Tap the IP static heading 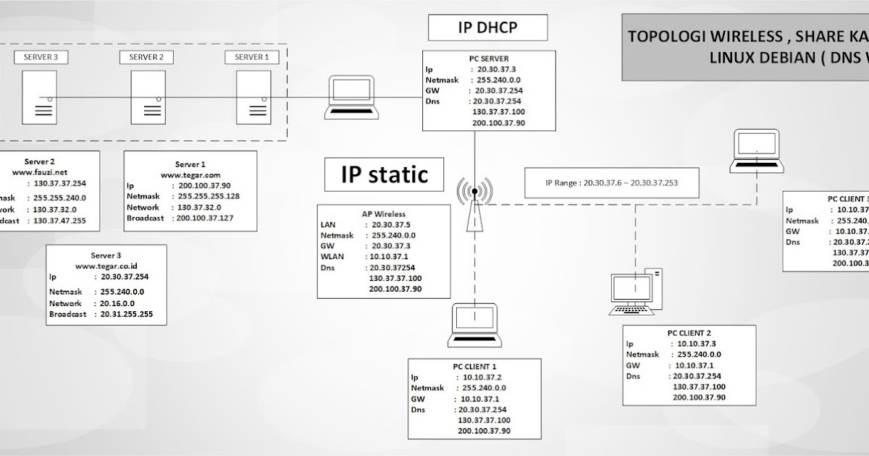[x=384, y=174]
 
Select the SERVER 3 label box [x=41, y=57]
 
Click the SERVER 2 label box [x=146, y=57]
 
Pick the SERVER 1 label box [x=252, y=57]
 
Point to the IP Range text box [x=611, y=183]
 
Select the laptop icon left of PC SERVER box [x=350, y=96]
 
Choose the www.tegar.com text [x=190, y=174]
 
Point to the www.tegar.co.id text [x=106, y=266]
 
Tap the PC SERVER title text [x=489, y=59]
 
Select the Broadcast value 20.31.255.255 [x=122, y=314]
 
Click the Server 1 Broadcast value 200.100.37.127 [x=206, y=218]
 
